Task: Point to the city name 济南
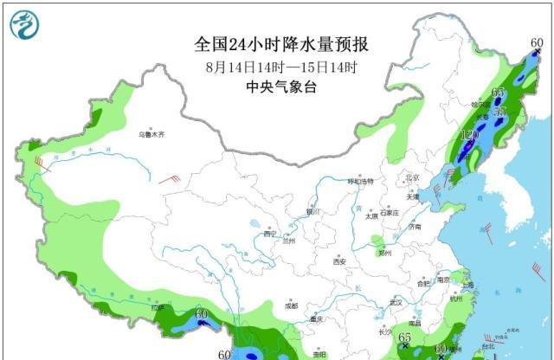click(x=416, y=228)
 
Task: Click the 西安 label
click(x=339, y=261)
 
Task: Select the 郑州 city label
click(x=383, y=254)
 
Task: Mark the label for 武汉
click(x=397, y=302)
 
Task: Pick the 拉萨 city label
click(x=156, y=306)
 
